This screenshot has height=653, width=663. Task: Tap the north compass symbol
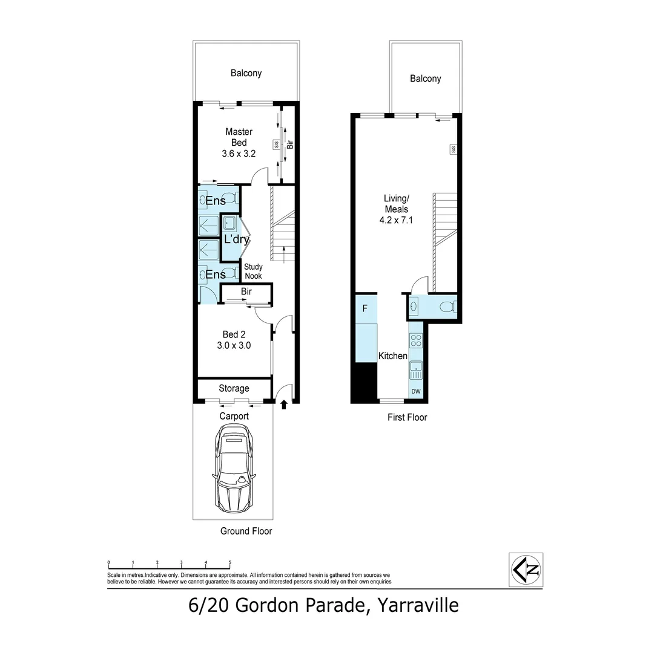pos(526,569)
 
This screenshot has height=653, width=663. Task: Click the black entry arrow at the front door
pos(284,406)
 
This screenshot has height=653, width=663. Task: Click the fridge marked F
pos(364,308)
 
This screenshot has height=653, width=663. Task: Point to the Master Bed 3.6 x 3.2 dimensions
pos(239,154)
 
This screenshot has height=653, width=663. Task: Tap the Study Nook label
pos(253,271)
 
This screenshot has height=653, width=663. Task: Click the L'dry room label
pos(236,239)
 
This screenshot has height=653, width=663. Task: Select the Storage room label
pos(234,388)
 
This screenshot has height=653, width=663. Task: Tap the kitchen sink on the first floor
pos(416,369)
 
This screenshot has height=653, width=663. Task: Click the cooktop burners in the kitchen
pos(416,341)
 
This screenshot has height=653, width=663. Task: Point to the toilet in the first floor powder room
pos(448,307)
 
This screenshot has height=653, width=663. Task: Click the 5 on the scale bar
pos(230,562)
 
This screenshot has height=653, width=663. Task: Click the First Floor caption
pos(407,417)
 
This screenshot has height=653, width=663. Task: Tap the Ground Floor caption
pos(246,531)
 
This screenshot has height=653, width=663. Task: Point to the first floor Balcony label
pos(425,79)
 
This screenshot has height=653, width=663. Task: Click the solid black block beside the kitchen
pos(364,383)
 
